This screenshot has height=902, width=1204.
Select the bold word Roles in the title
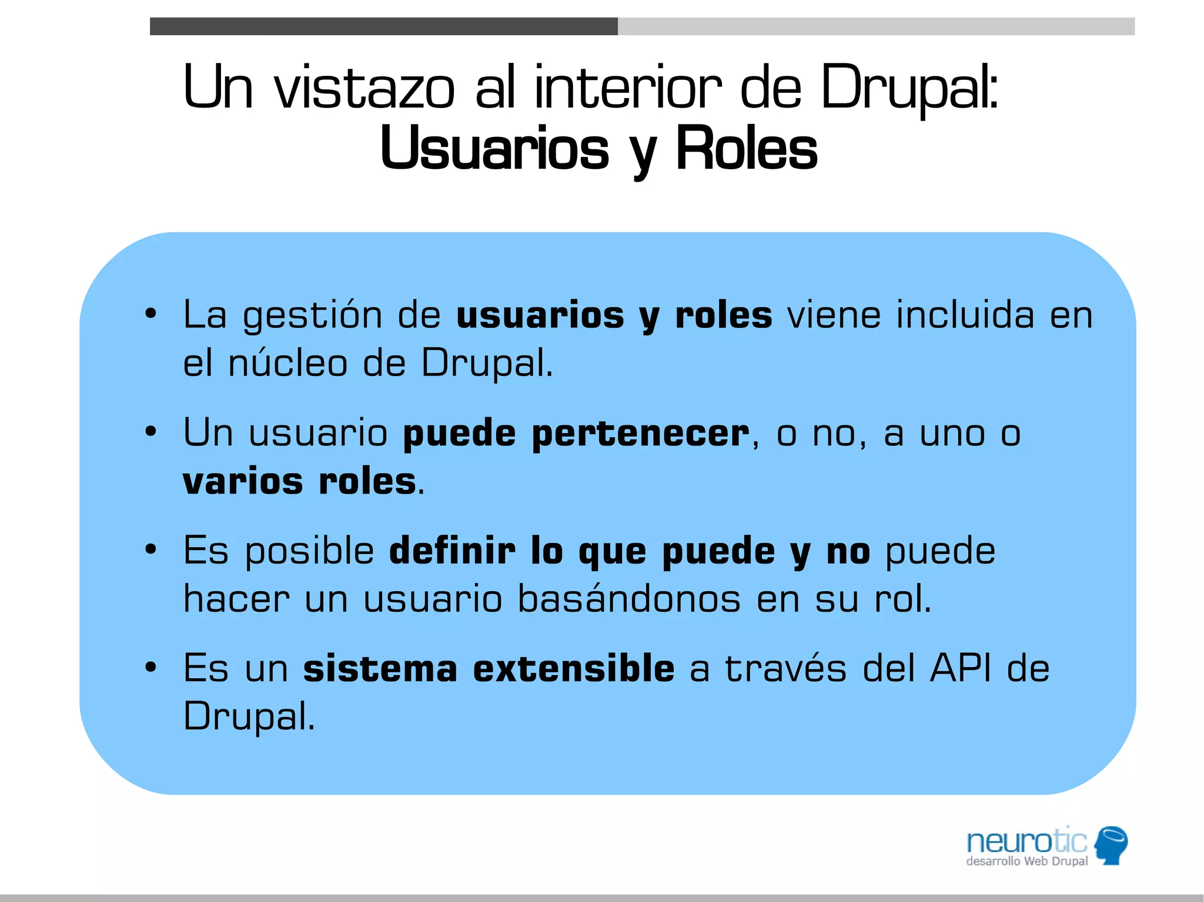tap(746, 149)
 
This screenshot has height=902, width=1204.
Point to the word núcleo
tap(287, 364)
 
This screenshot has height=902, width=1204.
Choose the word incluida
tap(965, 315)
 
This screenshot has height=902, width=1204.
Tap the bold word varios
tap(243, 482)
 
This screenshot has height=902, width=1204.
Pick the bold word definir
tap(452, 551)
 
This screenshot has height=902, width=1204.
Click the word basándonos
tap(628, 599)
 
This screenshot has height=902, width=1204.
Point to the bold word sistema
tap(380, 669)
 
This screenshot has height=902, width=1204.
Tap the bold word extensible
tap(574, 669)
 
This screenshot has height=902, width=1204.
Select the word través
tap(785, 669)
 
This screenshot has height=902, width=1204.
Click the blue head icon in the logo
tap(1111, 845)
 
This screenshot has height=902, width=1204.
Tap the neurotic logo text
tap(1026, 842)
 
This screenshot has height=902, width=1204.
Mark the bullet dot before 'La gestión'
tap(151, 314)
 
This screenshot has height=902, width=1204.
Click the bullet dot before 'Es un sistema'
tap(151, 668)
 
